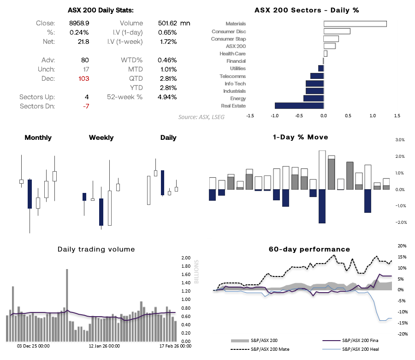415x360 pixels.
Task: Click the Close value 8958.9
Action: [x=79, y=23]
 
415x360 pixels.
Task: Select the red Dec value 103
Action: [x=83, y=78]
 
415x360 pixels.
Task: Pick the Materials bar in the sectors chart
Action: [x=355, y=24]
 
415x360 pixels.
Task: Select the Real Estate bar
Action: [x=299, y=106]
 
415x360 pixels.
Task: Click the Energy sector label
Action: [x=237, y=98]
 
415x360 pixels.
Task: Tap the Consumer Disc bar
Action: [x=337, y=31]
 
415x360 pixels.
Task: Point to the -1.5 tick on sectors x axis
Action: [x=250, y=116]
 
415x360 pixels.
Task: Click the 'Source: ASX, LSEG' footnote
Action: [x=201, y=117]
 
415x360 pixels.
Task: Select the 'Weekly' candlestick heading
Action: [x=101, y=138]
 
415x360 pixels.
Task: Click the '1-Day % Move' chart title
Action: [x=300, y=137]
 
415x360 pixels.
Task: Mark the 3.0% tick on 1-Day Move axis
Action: [x=400, y=140]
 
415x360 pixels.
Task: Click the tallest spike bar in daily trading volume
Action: [x=67, y=305]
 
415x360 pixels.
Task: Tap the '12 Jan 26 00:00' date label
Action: [x=104, y=346]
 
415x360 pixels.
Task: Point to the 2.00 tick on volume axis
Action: [x=185, y=258]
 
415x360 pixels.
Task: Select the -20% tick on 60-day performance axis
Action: [x=402, y=334]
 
